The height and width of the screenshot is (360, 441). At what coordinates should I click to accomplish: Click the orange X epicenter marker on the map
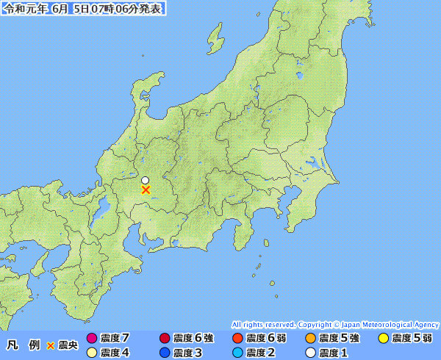[146, 190]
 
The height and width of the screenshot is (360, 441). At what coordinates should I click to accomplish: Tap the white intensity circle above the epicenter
[146, 180]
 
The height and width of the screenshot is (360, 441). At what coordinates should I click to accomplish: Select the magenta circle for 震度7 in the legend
[92, 339]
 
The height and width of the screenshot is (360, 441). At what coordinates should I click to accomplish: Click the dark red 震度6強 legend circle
[165, 339]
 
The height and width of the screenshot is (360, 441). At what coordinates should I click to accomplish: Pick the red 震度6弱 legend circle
[237, 339]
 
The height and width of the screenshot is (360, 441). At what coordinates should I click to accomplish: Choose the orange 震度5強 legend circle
[310, 339]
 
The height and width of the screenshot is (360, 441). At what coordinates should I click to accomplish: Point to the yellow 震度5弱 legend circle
[383, 339]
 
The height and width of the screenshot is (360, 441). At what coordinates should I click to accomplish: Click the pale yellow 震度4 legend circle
[92, 353]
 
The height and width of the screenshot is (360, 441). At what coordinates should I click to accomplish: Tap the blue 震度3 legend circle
[165, 353]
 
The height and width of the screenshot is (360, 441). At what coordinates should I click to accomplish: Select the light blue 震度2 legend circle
[237, 353]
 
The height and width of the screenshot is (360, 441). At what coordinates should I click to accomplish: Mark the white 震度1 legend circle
[310, 353]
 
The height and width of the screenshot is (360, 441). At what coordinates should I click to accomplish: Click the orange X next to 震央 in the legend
[51, 345]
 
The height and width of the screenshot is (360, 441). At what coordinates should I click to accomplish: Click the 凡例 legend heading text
[22, 345]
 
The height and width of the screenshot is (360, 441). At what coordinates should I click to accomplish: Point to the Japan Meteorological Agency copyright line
[335, 324]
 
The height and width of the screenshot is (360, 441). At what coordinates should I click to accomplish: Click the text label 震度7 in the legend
[116, 339]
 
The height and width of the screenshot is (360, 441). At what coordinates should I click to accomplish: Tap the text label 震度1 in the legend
[334, 353]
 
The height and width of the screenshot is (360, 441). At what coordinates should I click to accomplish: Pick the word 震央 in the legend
[68, 345]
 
